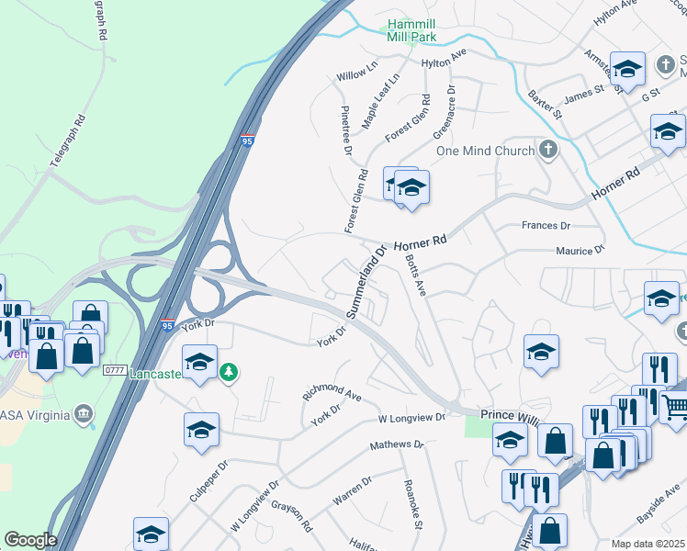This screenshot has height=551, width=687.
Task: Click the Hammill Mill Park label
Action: (411, 29)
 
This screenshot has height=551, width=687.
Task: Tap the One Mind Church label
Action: (484, 151)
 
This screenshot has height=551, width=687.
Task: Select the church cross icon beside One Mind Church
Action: (548, 150)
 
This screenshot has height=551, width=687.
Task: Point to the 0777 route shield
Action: (114, 369)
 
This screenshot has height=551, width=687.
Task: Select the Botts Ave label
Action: (416, 275)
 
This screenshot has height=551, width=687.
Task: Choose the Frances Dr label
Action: (546, 225)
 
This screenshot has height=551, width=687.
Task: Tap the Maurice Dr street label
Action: (580, 250)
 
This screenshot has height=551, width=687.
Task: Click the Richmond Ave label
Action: (332, 392)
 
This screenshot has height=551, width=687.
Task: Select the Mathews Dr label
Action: (397, 444)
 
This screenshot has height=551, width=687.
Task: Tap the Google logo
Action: (30, 540)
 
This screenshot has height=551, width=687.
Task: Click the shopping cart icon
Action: (676, 405)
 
